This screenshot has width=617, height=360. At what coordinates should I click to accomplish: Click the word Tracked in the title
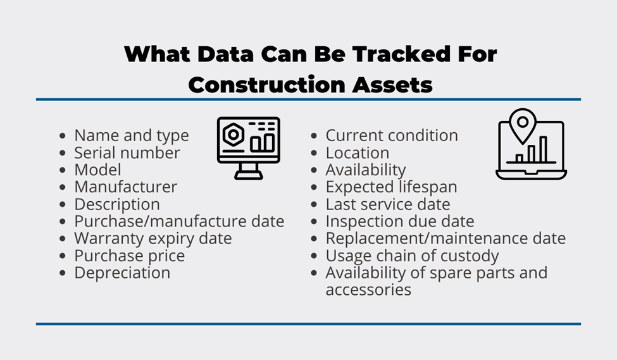[x=401, y=54]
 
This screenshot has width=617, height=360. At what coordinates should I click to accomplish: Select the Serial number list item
[x=127, y=152]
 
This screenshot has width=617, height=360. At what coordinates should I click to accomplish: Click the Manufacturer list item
[x=125, y=187]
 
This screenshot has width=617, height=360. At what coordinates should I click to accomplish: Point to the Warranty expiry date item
[x=153, y=239]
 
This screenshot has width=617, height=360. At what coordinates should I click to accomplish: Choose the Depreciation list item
[x=122, y=273]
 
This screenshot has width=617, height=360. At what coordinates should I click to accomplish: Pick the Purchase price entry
[x=130, y=256]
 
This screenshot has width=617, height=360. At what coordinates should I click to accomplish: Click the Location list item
[x=358, y=152]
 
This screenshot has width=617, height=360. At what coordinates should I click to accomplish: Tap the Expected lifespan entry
[x=392, y=187]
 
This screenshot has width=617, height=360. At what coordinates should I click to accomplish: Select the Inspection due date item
[x=400, y=221]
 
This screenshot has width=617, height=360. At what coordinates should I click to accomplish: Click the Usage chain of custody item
[x=412, y=256]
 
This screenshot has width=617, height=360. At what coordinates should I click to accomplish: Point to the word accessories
[x=368, y=290]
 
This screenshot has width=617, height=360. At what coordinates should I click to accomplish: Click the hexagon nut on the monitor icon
[x=233, y=135]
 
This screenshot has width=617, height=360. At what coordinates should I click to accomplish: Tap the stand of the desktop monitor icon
[x=249, y=171]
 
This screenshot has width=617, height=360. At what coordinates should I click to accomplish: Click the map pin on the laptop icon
[x=523, y=125]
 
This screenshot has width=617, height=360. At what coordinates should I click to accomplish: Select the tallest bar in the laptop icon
[x=544, y=149]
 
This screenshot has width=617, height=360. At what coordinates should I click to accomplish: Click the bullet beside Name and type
[x=63, y=136]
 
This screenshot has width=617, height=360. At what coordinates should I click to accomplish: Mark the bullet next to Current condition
[x=314, y=136]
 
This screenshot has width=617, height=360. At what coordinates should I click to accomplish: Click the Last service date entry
[x=387, y=204]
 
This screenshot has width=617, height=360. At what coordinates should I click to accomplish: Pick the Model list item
[x=97, y=170]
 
